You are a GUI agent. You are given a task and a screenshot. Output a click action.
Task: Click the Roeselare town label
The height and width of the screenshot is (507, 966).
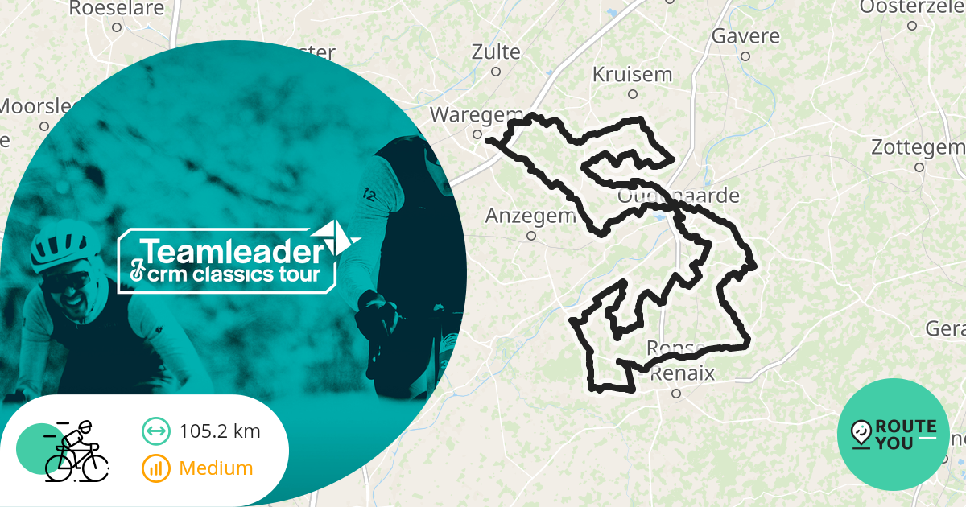click(117, 9)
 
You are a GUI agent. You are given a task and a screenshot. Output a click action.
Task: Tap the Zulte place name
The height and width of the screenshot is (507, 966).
click(496, 52)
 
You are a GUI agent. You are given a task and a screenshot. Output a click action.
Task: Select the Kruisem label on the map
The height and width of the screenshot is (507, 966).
click(632, 75)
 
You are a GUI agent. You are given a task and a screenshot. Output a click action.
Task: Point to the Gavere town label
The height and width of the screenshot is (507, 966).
click(745, 37)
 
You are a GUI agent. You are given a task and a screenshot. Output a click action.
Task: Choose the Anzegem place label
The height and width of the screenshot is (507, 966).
click(530, 216)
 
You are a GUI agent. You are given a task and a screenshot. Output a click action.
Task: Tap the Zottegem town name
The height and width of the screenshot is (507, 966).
click(918, 148)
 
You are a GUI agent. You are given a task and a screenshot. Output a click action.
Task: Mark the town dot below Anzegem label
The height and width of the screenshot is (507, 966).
click(531, 236)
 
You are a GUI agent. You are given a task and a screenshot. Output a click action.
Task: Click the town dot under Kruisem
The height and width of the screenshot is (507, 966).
click(633, 94)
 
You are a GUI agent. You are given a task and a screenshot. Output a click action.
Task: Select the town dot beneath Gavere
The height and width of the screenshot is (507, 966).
click(745, 56)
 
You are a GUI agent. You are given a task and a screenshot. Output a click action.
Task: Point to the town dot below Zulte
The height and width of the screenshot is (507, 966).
click(496, 72)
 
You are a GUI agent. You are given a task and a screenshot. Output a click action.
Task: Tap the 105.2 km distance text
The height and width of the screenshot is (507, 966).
click(220, 431)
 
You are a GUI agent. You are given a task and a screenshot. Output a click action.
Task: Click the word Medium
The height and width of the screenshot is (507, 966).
click(216, 468)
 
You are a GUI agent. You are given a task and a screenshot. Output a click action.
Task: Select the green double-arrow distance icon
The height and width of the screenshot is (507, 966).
click(155, 431)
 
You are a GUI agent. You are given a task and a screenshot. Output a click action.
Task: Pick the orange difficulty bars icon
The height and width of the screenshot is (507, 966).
click(155, 468)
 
